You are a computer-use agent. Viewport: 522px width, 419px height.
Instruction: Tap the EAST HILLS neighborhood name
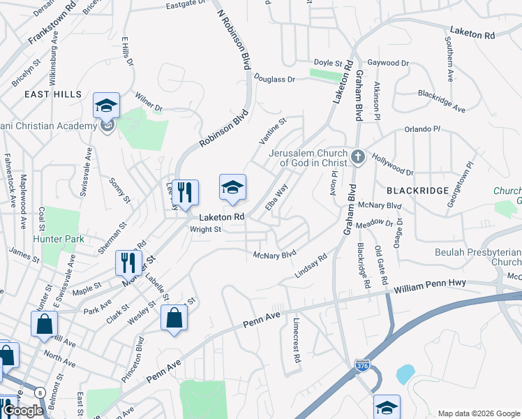pyautogui.click(x=53, y=94)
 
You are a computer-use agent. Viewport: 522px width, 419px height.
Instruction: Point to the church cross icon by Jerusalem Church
pyautogui.click(x=357, y=156)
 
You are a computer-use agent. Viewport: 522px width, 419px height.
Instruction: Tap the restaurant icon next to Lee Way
pyautogui.click(x=185, y=193)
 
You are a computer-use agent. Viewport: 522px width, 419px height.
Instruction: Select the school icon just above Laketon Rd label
pyautogui.click(x=233, y=187)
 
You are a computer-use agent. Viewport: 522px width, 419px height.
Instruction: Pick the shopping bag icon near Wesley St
pyautogui.click(x=174, y=318)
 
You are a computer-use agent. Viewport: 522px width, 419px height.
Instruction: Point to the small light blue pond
pyautogui.click(x=405, y=374)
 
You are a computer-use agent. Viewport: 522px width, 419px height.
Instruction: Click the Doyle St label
pyautogui.click(x=328, y=63)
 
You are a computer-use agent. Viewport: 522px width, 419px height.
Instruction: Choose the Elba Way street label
pyautogui.click(x=277, y=198)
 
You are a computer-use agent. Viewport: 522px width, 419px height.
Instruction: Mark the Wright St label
pyautogui.click(x=206, y=229)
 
